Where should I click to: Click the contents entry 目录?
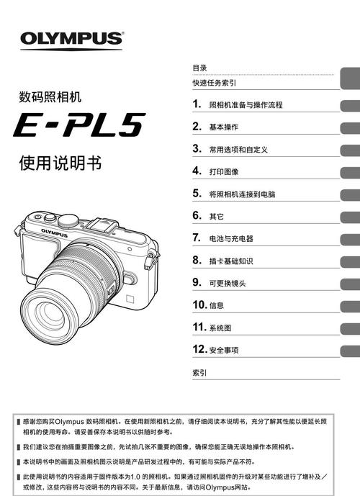tap(199, 67)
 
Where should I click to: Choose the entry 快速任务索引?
tap(214, 83)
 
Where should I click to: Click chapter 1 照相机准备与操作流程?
tap(245, 105)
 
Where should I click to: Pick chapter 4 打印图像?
tap(223, 172)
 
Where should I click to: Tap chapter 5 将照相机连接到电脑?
tap(242, 194)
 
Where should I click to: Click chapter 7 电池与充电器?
tap(231, 238)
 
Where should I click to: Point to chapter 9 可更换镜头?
tap(228, 283)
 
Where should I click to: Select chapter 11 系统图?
tap(220, 328)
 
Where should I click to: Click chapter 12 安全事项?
tap(223, 350)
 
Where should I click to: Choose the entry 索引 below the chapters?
tap(199, 373)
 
